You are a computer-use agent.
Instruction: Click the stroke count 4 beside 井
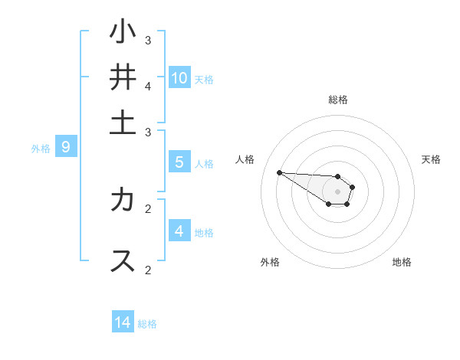149,86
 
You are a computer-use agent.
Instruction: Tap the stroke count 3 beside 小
149,40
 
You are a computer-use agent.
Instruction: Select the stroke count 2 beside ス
149,270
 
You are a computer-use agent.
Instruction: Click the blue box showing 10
179,77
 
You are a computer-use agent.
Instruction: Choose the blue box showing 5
179,162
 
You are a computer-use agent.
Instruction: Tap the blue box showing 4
179,231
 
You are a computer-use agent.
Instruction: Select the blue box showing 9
66,147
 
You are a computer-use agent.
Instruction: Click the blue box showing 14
123,322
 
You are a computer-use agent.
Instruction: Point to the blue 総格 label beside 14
147,324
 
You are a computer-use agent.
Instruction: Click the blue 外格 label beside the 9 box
41,149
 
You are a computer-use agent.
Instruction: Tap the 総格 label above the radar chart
338,100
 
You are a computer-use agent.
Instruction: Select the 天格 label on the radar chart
431,159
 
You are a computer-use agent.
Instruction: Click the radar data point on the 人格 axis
279,172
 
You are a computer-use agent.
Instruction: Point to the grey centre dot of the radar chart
337,191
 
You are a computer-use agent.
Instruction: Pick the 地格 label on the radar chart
402,262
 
